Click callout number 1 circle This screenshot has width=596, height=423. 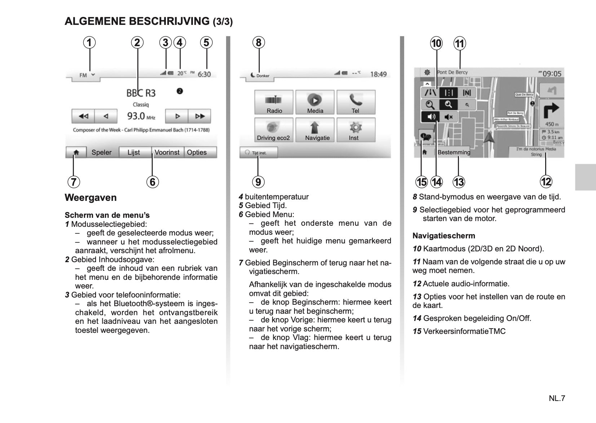89,43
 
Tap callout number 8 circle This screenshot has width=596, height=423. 259,43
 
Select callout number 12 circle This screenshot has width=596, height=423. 546,181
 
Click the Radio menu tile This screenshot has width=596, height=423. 274,102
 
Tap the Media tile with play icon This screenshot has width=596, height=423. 315,102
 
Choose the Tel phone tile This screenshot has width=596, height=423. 356,102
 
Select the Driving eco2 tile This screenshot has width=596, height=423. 273,130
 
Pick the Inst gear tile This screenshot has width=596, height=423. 356,130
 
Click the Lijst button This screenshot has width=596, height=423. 134,152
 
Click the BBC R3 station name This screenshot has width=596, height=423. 141,93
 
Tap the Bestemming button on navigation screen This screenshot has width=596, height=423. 454,152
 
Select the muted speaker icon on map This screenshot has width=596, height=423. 449,117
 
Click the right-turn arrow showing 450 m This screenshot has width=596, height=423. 551,111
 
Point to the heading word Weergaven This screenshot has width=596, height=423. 90,198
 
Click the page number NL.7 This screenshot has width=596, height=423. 557,398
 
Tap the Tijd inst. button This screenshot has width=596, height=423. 258,153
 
